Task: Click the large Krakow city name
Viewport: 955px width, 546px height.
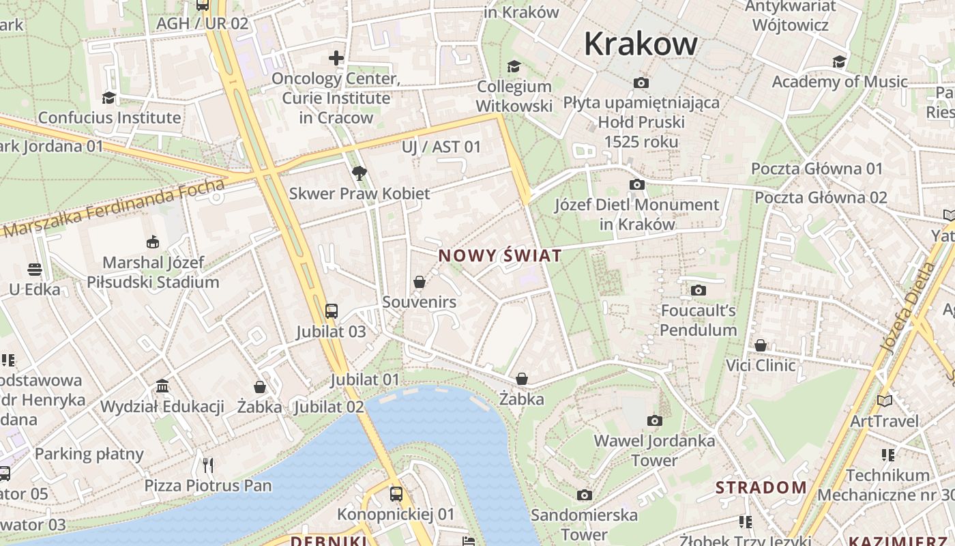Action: click(x=641, y=44)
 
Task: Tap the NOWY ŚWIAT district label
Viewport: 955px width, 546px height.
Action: click(x=500, y=256)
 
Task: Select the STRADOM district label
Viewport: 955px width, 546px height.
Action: click(x=761, y=487)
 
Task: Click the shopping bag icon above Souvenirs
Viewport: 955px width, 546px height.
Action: click(x=420, y=282)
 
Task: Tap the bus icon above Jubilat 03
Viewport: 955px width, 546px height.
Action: click(x=331, y=311)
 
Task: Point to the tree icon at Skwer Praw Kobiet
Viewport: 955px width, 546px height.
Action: click(x=359, y=173)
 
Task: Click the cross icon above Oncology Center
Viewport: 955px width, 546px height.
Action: click(x=336, y=58)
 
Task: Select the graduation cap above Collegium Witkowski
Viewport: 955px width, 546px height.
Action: click(x=514, y=66)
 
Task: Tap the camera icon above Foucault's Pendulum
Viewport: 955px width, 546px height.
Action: click(x=698, y=291)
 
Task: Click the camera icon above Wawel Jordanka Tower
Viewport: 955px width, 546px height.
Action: click(x=654, y=420)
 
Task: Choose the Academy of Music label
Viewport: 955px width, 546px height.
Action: click(x=840, y=82)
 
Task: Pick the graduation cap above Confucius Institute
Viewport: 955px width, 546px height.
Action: click(x=108, y=98)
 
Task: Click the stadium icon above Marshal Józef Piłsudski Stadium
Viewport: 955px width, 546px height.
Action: click(x=153, y=242)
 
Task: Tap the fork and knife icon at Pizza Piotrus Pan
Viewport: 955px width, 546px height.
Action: click(x=208, y=465)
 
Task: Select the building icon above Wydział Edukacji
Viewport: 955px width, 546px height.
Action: click(x=162, y=387)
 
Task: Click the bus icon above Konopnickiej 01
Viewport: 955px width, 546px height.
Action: click(x=396, y=493)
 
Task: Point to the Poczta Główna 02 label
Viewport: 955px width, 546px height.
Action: click(x=821, y=198)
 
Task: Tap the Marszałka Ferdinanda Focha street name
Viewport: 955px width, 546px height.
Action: click(x=113, y=208)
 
